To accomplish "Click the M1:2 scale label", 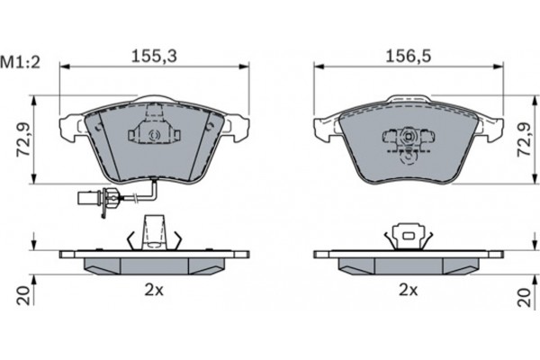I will tap(19, 62).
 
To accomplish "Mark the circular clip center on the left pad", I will tap(152, 136).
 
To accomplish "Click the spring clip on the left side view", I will tap(152, 232).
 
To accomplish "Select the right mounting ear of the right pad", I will tap(490, 127).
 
